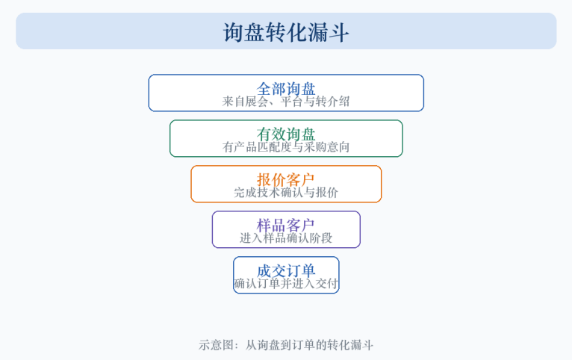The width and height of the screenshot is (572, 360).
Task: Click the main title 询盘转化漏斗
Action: [286, 32]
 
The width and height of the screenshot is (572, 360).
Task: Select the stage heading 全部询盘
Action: [286, 89]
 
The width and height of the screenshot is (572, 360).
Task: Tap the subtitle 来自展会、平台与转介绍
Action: [286, 102]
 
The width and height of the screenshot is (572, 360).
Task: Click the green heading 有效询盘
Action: [286, 134]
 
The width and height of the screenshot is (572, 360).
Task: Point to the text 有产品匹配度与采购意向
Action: [286, 147]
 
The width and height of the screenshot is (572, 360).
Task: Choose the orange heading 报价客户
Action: [286, 180]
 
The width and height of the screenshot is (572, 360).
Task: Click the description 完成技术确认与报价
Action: [286, 193]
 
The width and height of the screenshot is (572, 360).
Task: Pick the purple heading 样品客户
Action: [286, 226]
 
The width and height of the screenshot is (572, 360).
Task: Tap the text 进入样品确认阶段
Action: [286, 238]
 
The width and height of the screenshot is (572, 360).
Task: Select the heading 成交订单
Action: [286, 271]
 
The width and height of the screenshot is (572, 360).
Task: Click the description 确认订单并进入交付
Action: [286, 284]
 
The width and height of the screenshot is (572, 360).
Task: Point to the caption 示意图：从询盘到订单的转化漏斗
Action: [286, 345]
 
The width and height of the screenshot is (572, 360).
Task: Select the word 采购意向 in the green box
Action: [327, 147]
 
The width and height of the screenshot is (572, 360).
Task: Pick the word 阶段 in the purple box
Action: [321, 238]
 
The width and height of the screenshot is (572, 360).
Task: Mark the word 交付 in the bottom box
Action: [327, 284]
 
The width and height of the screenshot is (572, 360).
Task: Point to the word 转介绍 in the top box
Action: [333, 102]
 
